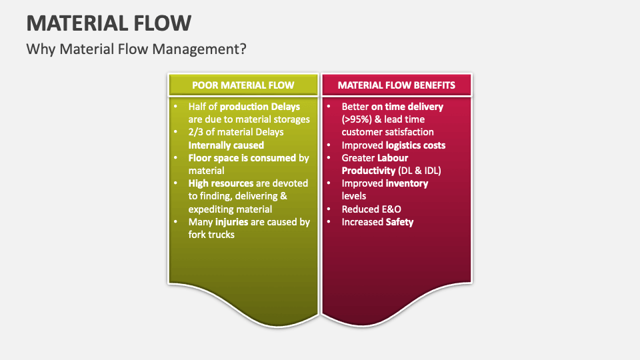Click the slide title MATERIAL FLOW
[x=109, y=23]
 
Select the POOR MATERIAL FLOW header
[x=243, y=85]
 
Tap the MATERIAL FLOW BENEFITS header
[x=397, y=85]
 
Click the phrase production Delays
[x=260, y=107]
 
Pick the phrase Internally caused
[x=226, y=145]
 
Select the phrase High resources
[x=221, y=183]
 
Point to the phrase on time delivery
[x=407, y=107]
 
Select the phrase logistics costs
[x=415, y=145]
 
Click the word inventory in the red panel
[x=407, y=183]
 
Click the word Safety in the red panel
[x=399, y=221]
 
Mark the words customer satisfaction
[x=387, y=132]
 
